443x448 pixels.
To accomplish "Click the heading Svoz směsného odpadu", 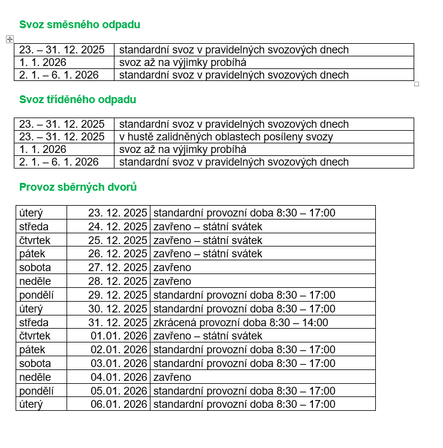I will point(80,25).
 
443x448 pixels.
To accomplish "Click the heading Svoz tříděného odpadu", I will point(78,100).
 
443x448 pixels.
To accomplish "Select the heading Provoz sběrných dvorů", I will point(78,187).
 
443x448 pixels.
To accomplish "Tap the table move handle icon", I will point(10,39).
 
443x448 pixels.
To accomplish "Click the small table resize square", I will point(417,84).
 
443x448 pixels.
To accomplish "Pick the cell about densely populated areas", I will point(226,137).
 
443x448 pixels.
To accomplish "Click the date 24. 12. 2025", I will point(117,227).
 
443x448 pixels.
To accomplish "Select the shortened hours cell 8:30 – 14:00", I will point(241,323).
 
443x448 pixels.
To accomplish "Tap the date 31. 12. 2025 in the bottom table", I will point(117,323).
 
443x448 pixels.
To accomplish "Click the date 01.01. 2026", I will point(119,336).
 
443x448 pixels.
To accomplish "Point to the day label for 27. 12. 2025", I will point(35,267).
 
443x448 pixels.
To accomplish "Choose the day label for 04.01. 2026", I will point(35,377).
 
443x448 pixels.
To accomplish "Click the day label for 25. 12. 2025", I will point(35,240).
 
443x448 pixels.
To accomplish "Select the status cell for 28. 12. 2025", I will point(173,281).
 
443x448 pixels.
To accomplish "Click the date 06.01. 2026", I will point(119,404).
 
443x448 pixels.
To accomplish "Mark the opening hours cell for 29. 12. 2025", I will point(245,295).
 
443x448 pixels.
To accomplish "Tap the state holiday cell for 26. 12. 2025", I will point(208,254).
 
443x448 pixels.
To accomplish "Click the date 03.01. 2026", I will point(119,363).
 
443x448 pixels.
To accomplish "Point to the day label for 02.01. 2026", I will point(32,350).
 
